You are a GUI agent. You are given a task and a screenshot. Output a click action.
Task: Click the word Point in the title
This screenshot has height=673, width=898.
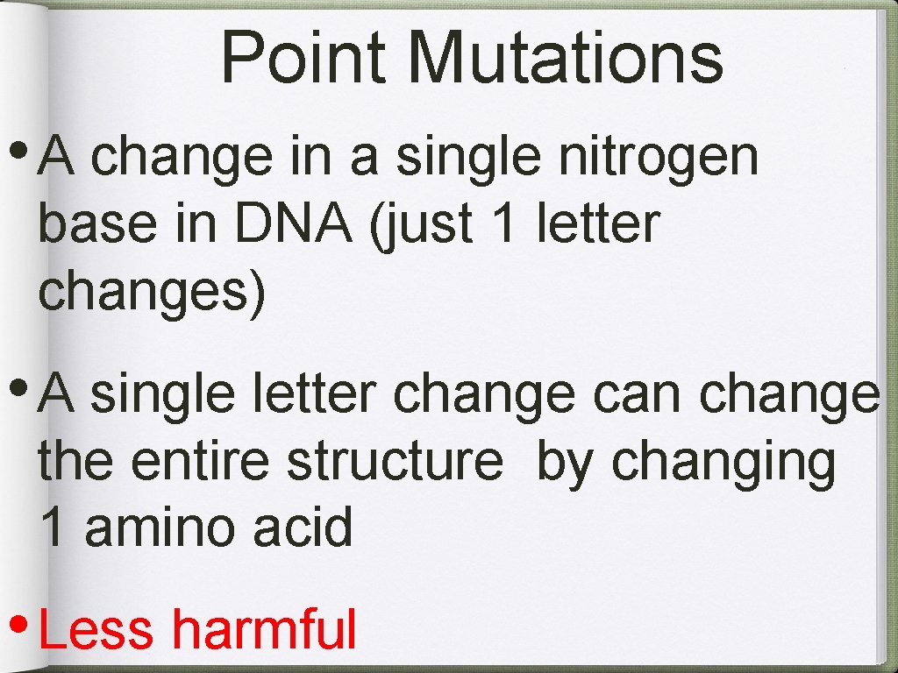303,58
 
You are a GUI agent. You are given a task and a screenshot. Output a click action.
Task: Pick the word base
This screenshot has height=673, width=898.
89,224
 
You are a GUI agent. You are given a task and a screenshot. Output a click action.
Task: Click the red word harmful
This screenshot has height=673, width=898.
263,629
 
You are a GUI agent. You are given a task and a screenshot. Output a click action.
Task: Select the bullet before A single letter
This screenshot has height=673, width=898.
18,385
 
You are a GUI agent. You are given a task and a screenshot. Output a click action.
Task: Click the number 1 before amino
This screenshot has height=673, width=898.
52,528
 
